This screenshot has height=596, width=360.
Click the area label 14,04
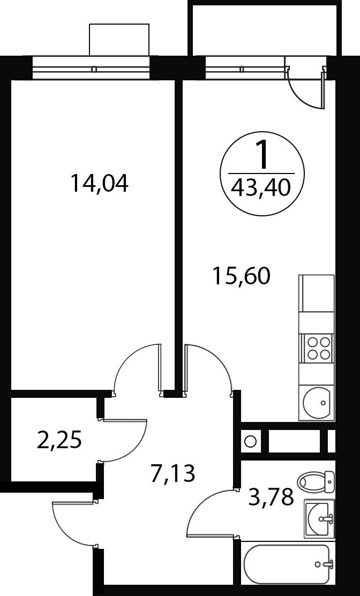[x=99, y=183]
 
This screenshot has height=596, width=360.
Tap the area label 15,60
[x=242, y=276]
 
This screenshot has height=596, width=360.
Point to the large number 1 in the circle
[x=262, y=155]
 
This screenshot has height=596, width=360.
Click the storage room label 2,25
[x=59, y=440]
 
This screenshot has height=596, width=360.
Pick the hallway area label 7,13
[x=172, y=473]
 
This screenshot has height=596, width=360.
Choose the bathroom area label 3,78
[x=271, y=496]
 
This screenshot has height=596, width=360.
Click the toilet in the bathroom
[x=316, y=481]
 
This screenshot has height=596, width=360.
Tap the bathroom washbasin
[x=319, y=518]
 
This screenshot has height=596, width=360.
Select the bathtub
[x=287, y=564]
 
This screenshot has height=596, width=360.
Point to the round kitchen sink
[x=317, y=403]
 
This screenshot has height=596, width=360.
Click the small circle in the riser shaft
[x=250, y=441]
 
